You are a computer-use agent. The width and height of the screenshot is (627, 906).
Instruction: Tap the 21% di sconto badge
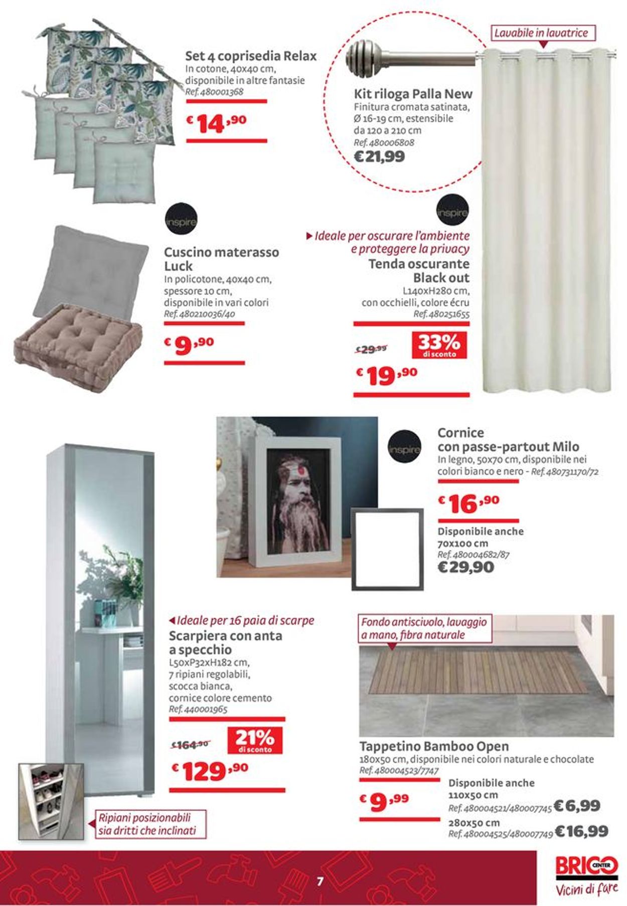(254, 740)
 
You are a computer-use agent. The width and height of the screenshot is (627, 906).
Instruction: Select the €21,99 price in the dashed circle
(379, 156)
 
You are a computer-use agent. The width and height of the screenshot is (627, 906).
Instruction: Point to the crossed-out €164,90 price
(190, 745)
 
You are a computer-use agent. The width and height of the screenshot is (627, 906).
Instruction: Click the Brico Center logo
(586, 866)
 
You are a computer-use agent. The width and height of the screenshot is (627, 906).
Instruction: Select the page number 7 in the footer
(320, 881)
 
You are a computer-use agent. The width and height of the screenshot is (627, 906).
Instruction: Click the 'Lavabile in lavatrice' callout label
(541, 33)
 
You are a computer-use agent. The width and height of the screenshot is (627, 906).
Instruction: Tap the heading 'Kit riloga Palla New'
(413, 94)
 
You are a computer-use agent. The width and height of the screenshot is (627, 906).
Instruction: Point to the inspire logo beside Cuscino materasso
(181, 221)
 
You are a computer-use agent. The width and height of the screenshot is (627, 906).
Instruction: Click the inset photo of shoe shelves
(51, 801)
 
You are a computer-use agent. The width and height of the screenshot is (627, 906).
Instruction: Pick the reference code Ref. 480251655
(441, 314)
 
